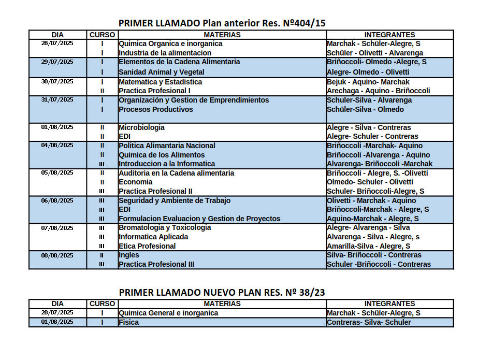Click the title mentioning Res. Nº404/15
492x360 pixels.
tap(222, 23)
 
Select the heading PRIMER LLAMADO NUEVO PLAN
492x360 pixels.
tap(222, 292)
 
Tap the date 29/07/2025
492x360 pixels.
tap(57, 62)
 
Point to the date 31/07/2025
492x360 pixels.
tap(57, 100)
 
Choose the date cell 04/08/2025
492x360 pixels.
tap(57, 146)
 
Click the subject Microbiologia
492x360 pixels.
tap(142, 127)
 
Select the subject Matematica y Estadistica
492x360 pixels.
tap(161, 82)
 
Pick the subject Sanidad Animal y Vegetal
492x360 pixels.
tap(162, 72)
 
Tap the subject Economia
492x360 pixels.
tap(136, 182)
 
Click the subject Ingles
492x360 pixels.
tap(129, 255)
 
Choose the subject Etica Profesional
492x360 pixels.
tap(147, 246)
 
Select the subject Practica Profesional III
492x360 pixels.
tap(156, 264)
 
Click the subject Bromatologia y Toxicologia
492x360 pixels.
tap(165, 227)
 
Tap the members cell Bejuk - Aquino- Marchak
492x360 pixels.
tap(368, 82)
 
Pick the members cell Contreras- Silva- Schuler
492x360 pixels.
tap(369, 322)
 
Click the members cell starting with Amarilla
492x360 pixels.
tap(368, 246)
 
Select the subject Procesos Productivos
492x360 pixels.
tap(156, 109)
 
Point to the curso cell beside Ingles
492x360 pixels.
tap(102, 255)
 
